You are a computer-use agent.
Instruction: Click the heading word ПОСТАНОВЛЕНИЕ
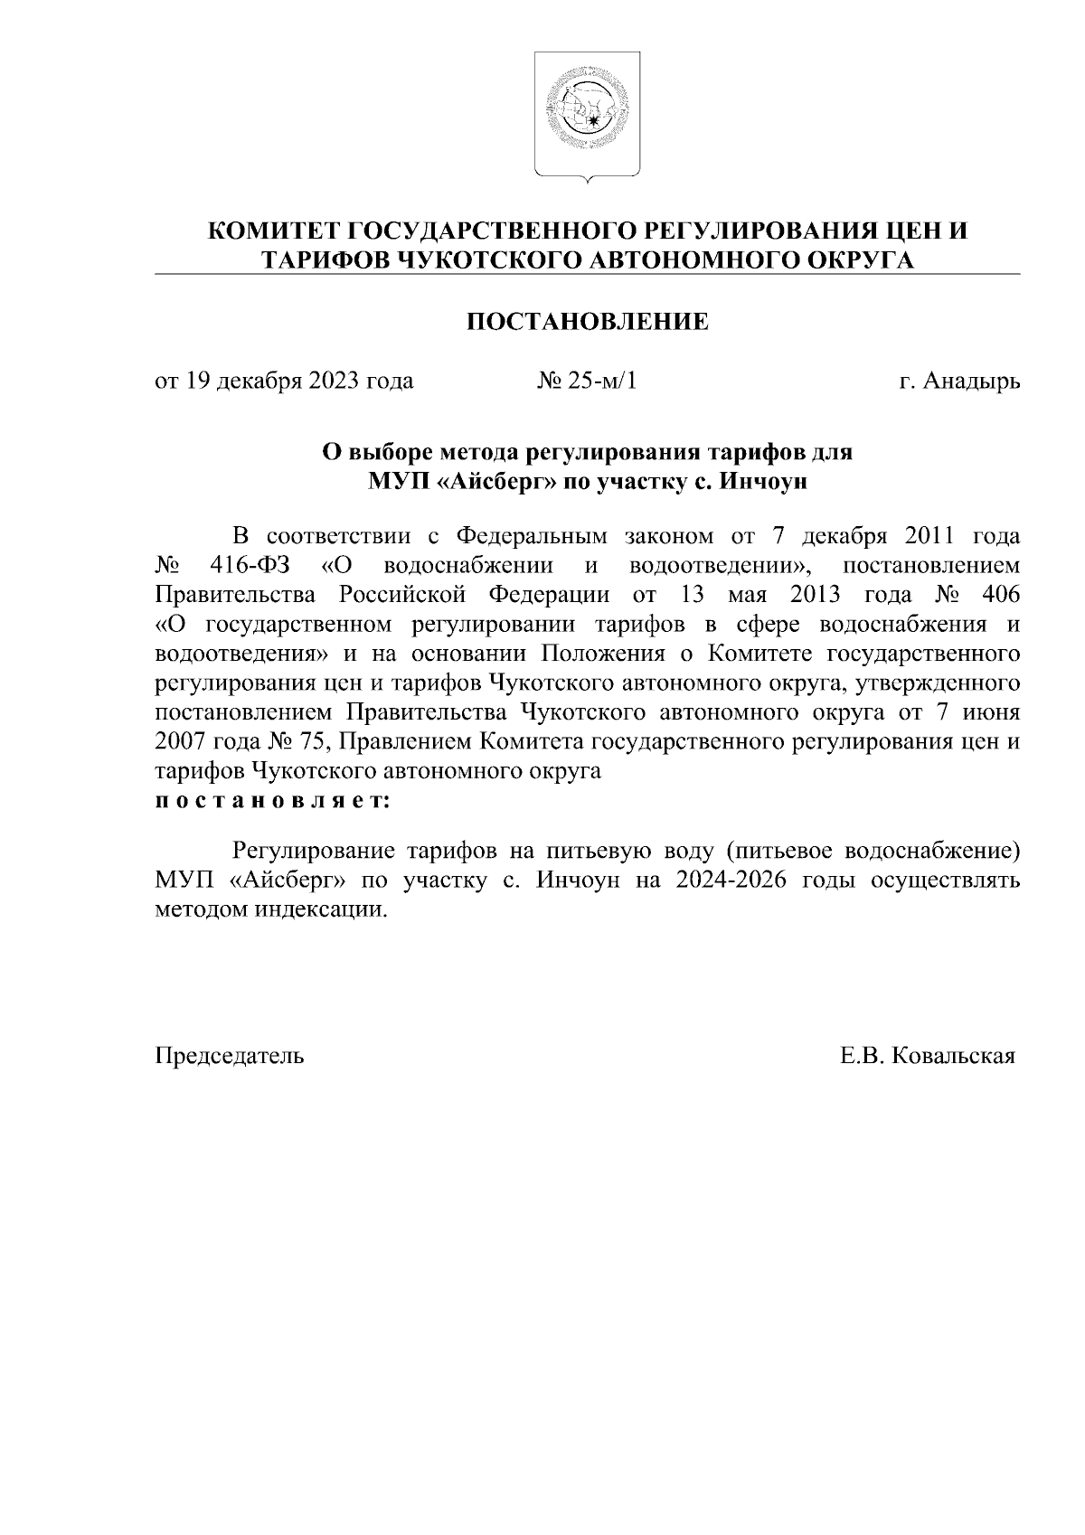pyautogui.click(x=587, y=322)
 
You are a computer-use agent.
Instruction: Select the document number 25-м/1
pyautogui.click(x=601, y=381)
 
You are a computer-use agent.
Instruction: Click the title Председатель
pyautogui.click(x=230, y=1056)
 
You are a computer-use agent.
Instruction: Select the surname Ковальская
pyautogui.click(x=953, y=1056)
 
